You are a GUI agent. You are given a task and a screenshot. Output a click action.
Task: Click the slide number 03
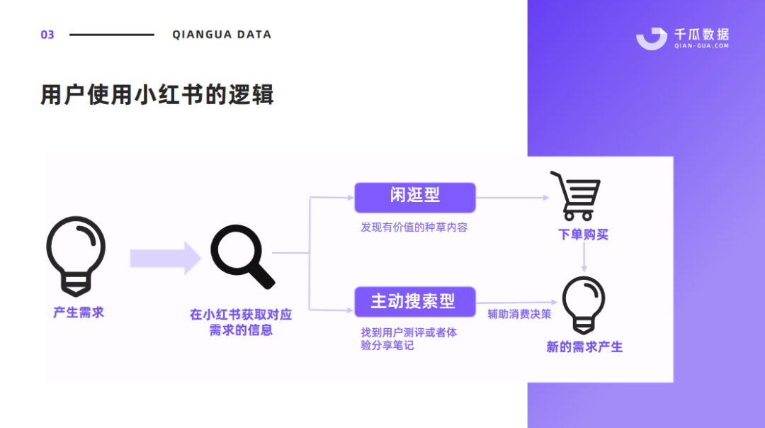(47, 35)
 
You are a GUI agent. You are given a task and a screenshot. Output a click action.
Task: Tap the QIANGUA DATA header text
(222, 35)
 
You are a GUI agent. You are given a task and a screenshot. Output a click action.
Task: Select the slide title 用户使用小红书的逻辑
(157, 94)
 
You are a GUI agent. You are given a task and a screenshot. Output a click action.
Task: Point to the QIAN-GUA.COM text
(701, 46)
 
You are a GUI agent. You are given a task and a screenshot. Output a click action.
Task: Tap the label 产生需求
(78, 312)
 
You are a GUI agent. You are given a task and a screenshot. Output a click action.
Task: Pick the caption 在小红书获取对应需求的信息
(241, 322)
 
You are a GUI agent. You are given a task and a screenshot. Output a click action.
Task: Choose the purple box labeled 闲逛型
(415, 197)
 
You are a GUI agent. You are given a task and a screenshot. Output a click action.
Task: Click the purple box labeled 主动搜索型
(415, 301)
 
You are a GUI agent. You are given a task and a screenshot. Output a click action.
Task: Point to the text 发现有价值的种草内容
(414, 227)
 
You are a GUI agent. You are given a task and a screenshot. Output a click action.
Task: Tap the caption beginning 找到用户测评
(409, 339)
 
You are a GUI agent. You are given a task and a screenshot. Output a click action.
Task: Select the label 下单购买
(583, 235)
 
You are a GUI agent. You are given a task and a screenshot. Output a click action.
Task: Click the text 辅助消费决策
(519, 314)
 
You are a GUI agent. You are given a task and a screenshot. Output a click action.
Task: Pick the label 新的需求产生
(584, 347)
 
